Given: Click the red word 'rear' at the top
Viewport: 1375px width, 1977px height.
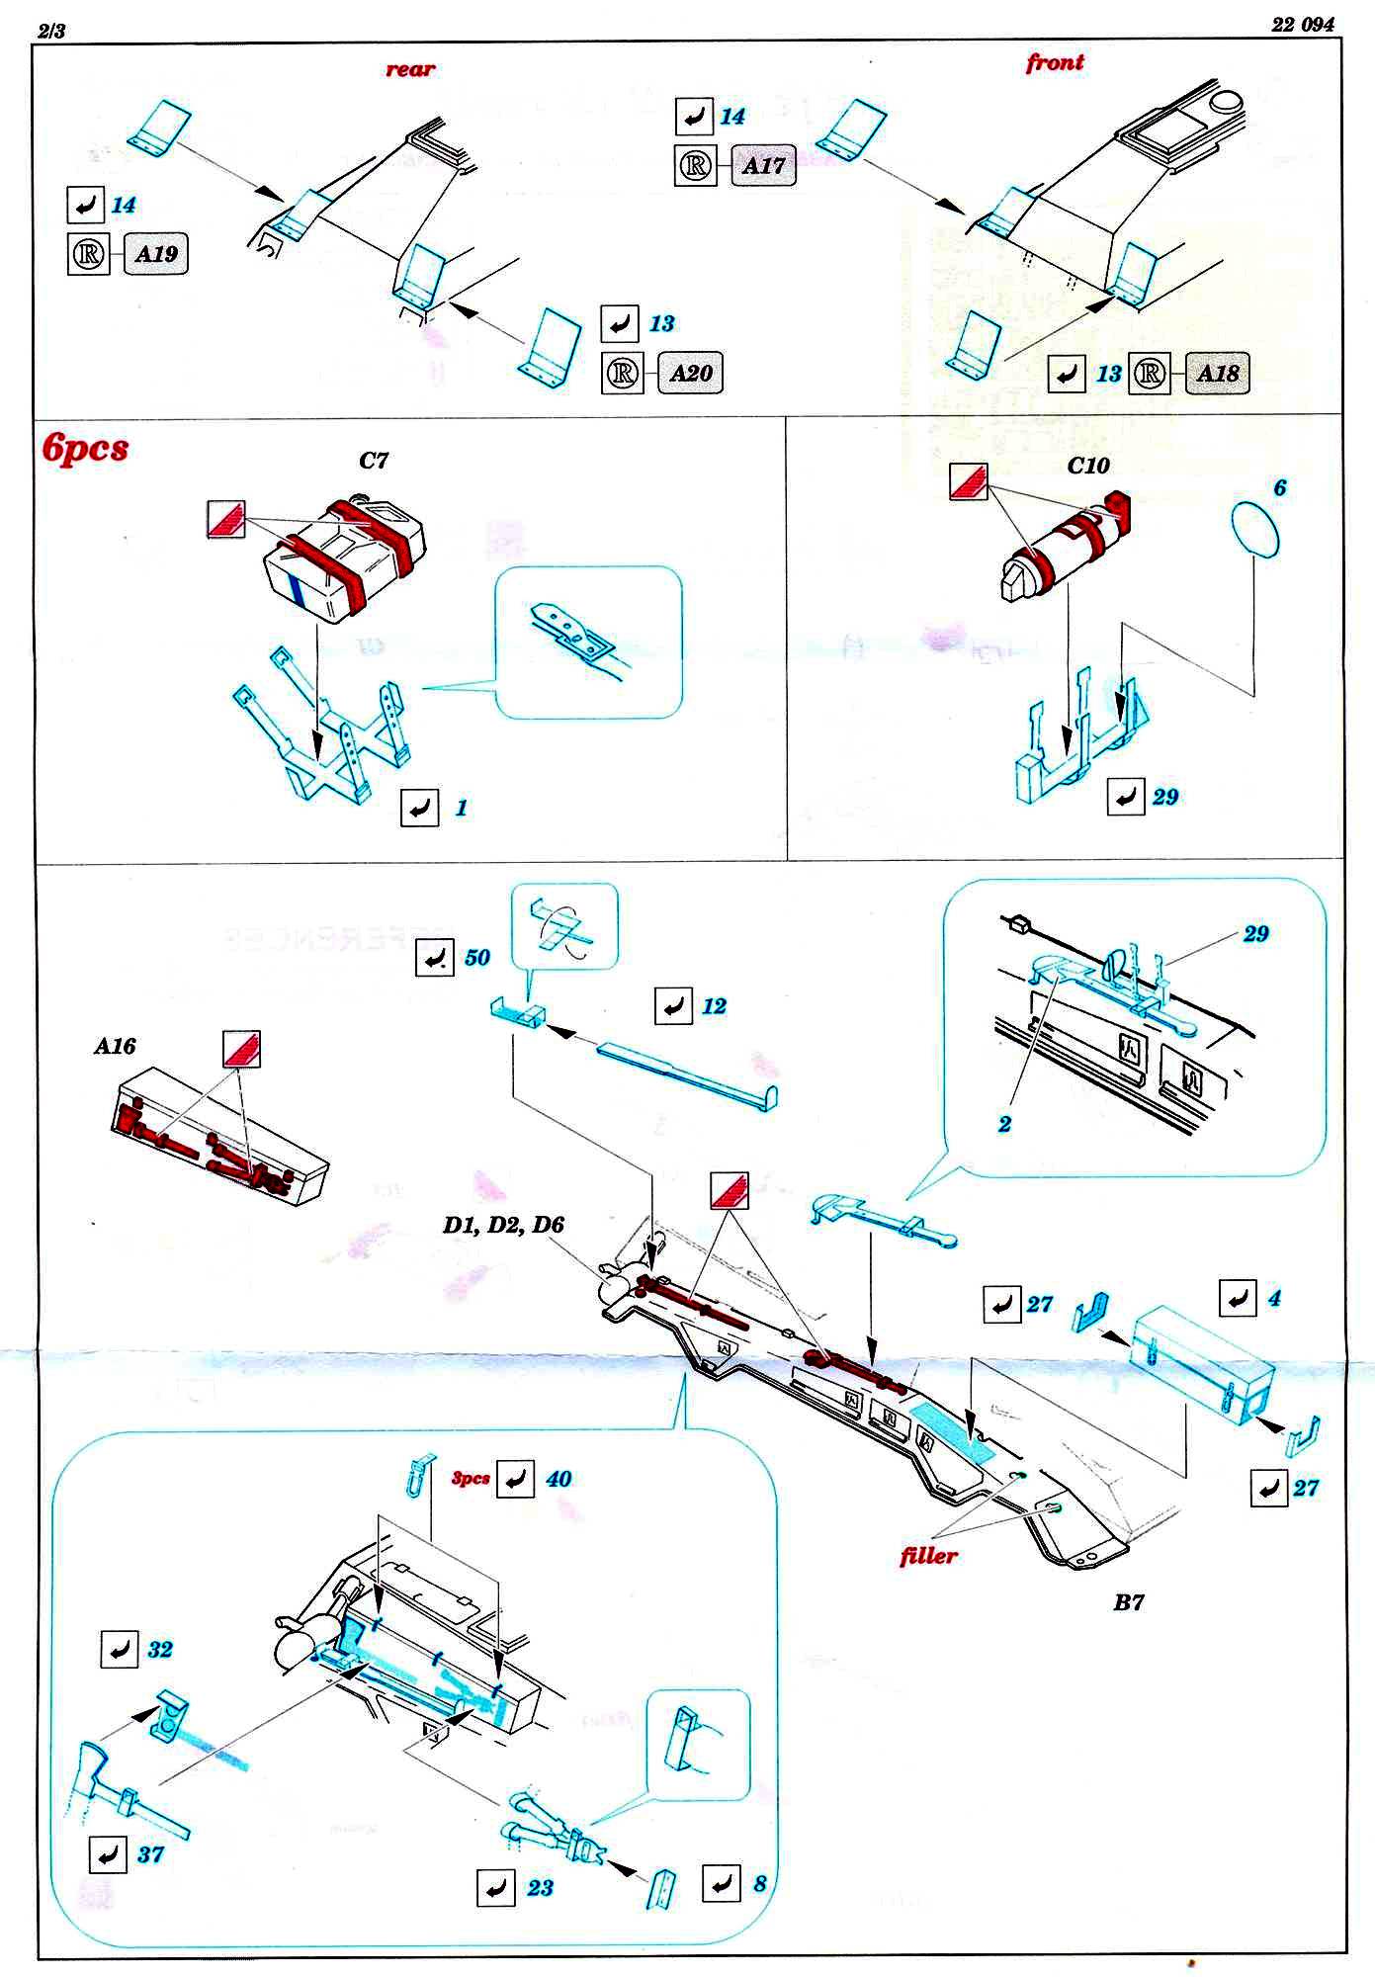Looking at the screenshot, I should tap(409, 69).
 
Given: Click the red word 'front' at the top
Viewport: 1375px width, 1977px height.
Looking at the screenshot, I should tap(1055, 62).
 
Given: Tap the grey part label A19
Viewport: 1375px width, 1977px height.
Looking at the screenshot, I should tap(155, 254).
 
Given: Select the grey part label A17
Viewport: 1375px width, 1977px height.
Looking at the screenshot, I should tap(763, 165).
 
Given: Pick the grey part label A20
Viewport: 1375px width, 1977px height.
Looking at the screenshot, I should tap(690, 373).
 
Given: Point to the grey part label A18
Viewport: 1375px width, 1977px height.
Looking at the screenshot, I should tap(1217, 373).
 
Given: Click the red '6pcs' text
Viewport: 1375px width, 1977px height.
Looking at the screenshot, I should tap(86, 448).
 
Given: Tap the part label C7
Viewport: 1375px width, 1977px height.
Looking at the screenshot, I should tap(374, 461).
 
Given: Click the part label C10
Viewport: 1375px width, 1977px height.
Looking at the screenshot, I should tap(1088, 465).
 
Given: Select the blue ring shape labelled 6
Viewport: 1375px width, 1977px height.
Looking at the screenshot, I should tap(1255, 530).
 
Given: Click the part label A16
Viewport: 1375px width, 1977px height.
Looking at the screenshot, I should tap(115, 1046).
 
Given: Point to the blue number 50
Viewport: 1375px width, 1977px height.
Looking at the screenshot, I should tap(476, 957).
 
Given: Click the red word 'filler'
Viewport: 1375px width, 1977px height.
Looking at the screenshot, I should tap(928, 1556).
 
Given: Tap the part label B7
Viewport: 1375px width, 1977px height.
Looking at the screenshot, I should tap(1128, 1602).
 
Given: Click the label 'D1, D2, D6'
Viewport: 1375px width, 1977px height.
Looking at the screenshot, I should tap(503, 1225).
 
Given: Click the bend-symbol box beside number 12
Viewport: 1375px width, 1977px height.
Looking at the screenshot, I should tap(673, 1006).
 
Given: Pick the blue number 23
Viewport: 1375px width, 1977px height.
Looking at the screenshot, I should tap(540, 1888).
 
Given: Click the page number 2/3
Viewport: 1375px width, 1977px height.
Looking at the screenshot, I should tap(51, 31).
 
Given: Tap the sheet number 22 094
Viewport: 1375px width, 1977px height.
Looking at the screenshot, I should tap(1302, 25).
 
